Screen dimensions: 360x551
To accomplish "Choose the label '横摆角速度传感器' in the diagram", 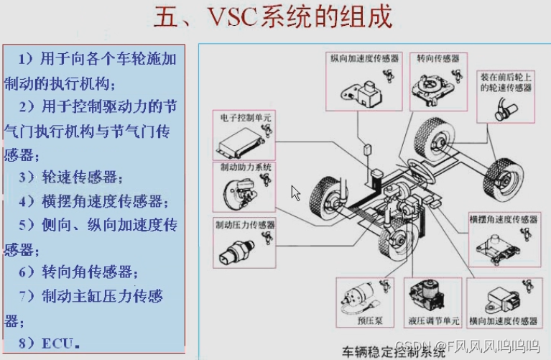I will pos(503,219).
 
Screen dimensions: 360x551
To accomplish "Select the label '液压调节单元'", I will pos(430,322).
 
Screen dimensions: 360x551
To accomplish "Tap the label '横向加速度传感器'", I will pos(503,320).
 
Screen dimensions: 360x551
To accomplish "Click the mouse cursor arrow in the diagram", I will pos(295,192).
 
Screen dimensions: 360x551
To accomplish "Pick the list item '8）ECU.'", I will pos(49,342).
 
